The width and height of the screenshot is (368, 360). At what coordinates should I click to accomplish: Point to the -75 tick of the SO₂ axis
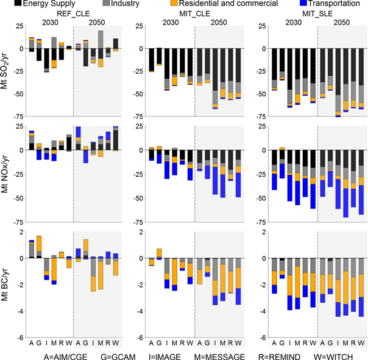(x=18, y=116)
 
